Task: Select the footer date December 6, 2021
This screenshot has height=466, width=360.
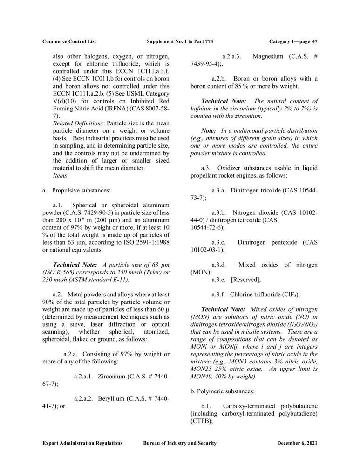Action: pos(297,443)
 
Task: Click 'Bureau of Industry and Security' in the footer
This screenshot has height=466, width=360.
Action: pos(180,443)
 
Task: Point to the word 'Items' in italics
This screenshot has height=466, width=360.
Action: pos(60,175)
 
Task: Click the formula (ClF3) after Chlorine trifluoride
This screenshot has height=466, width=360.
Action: pos(289,295)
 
